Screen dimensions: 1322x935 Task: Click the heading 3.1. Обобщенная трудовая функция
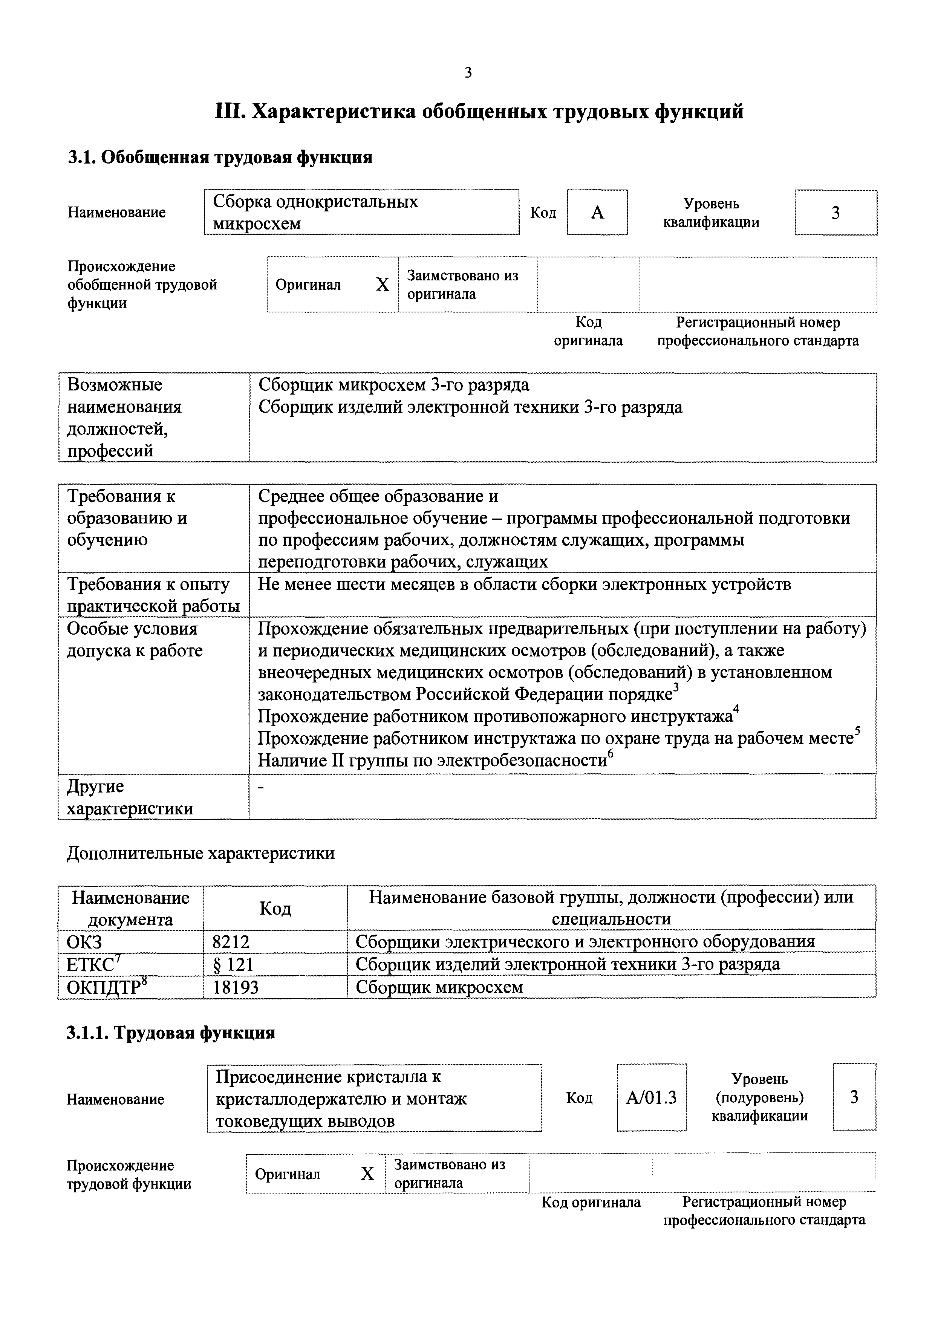[x=220, y=157]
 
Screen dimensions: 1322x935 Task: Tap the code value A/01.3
[x=651, y=1097]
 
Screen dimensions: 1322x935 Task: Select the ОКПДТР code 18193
[x=236, y=987]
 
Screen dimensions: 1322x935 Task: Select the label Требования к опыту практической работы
[x=153, y=595]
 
